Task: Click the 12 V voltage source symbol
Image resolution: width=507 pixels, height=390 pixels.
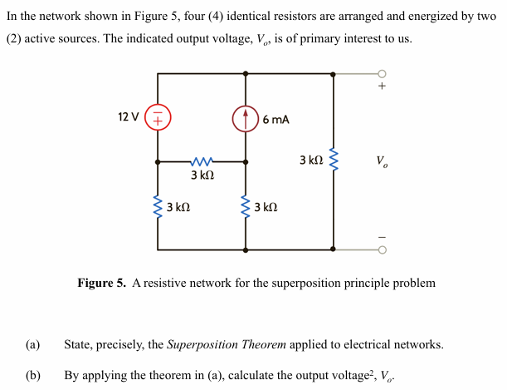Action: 158,118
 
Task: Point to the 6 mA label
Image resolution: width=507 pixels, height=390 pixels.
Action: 275,120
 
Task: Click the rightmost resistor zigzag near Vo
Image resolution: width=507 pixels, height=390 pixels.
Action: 334,160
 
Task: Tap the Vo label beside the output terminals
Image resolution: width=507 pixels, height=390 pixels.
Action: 381,160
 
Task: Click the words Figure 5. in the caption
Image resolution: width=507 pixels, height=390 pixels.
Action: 102,284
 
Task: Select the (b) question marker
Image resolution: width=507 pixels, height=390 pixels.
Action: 32,375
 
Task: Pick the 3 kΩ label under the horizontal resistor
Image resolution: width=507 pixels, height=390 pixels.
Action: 202,176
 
